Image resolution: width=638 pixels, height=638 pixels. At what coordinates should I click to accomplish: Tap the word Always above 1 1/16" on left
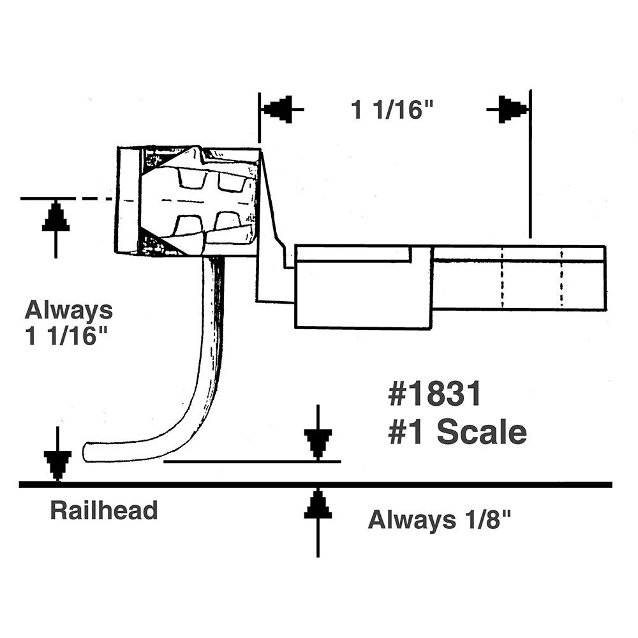coord(68,311)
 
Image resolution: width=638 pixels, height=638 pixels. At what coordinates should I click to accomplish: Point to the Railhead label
coord(103,510)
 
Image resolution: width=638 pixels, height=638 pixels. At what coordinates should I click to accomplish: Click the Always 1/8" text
coord(440,520)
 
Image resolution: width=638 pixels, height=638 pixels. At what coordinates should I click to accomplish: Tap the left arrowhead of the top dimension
coord(278,110)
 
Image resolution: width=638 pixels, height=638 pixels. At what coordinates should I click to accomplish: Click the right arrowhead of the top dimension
coord(512,110)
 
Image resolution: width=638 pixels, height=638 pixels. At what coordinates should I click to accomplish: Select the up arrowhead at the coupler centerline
coord(56,218)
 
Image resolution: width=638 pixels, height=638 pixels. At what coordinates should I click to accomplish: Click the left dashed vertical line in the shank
coord(502,278)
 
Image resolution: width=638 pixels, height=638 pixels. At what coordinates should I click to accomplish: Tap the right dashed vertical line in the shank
coord(561,278)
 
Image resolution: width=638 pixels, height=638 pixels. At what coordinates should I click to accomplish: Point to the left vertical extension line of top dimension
coord(259,118)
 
